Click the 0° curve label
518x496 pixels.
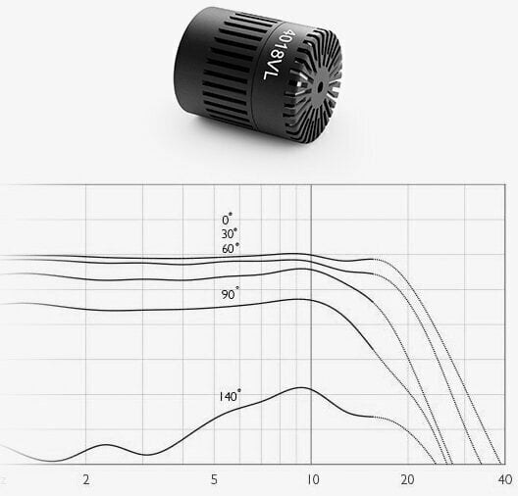(227, 220)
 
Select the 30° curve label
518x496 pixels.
(230, 233)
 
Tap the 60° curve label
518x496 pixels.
(231, 248)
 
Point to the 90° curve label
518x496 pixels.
(231, 294)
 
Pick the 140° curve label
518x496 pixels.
(230, 395)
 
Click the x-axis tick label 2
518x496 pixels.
(86, 479)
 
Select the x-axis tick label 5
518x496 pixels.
(214, 479)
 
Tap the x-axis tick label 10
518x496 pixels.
(312, 479)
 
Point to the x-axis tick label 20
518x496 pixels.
(407, 479)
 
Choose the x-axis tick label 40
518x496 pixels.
(505, 479)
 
